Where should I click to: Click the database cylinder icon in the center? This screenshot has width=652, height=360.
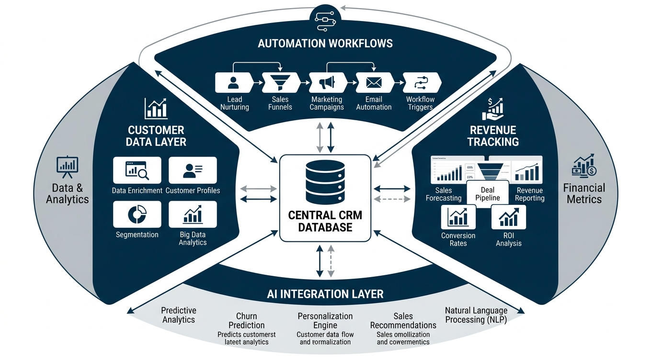tap(325, 183)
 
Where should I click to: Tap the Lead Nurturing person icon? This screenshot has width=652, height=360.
tap(233, 82)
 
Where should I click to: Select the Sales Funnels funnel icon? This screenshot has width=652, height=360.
tap(280, 82)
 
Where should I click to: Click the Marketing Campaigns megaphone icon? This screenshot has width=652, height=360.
tap(327, 82)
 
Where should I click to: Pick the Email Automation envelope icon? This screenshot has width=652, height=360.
tap(373, 82)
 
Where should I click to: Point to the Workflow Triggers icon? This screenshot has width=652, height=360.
tap(420, 82)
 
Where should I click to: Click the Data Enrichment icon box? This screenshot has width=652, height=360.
tap(137, 170)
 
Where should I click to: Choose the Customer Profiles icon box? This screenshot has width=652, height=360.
tap(193, 170)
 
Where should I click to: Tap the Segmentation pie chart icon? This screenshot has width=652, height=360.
tap(137, 214)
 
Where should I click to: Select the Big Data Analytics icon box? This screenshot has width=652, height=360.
tap(193, 214)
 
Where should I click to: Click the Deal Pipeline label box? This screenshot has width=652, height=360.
tap(487, 194)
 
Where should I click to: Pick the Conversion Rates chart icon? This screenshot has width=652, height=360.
tap(458, 217)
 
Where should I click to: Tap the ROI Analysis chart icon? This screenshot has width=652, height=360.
tap(509, 217)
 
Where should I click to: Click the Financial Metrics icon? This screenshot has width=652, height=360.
tap(584, 165)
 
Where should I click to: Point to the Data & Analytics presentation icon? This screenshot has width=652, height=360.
tap(68, 165)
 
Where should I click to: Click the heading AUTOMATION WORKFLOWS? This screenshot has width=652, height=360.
tap(325, 44)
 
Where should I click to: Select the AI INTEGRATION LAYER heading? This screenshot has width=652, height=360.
tap(325, 293)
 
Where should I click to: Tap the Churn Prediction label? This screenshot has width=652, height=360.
tap(247, 321)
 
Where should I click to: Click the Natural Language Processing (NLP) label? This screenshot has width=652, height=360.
tap(476, 315)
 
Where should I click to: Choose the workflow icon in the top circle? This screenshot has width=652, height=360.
tap(325, 19)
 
